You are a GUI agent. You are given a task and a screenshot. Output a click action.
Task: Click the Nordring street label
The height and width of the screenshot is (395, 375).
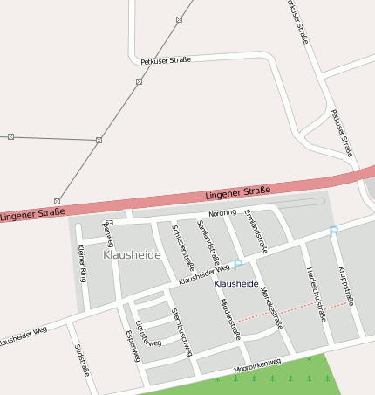click(x=222, y=213)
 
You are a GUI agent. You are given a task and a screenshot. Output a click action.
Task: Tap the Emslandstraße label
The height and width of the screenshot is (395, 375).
click(x=255, y=225)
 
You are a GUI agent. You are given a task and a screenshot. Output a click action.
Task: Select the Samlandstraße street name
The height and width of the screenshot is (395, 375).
click(x=208, y=242)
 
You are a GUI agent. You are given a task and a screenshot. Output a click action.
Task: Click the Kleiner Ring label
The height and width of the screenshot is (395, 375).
click(x=83, y=262)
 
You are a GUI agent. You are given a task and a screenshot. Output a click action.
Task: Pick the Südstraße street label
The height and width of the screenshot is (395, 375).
click(x=82, y=358)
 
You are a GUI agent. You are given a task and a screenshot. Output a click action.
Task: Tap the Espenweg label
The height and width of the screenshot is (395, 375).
click(x=133, y=345)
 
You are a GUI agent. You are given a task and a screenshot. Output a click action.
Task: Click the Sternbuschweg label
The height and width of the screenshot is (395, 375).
click(x=181, y=331)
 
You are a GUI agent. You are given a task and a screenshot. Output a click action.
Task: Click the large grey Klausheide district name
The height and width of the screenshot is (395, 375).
click(x=131, y=254)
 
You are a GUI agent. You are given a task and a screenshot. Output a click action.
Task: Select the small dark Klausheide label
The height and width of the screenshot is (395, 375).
click(x=236, y=284)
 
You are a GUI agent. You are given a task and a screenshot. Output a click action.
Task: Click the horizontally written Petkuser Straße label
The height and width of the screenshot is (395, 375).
click(x=166, y=60)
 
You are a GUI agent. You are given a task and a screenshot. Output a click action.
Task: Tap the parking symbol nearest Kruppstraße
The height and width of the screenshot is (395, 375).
click(x=333, y=232)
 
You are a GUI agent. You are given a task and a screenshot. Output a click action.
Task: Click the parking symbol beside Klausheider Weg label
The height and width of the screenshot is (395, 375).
click(x=237, y=265)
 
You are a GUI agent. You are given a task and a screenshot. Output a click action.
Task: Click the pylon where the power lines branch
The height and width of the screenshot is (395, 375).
click(x=99, y=140)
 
